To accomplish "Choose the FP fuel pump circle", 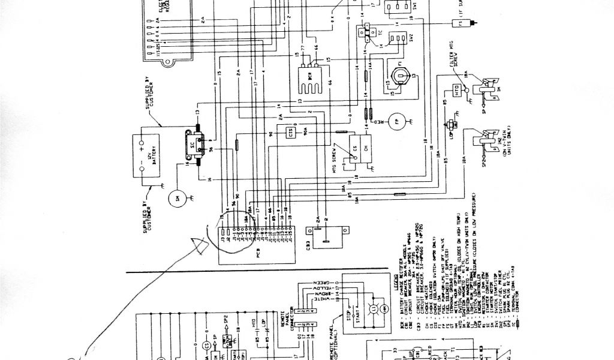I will tap(396, 121).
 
